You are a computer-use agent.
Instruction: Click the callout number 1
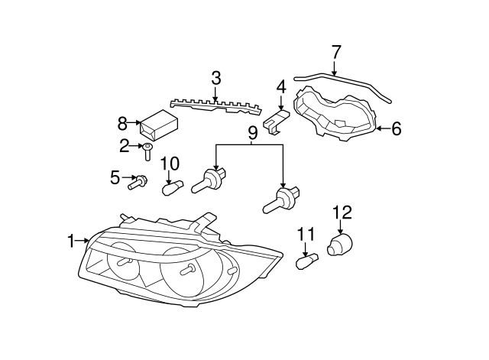[x=71, y=242]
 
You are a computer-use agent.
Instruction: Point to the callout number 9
[x=251, y=132]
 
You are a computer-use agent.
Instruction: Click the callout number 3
[x=216, y=78]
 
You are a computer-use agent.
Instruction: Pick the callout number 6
[x=396, y=129]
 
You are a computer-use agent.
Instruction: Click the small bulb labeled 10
[x=171, y=184]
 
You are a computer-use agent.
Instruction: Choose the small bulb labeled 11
[x=307, y=261]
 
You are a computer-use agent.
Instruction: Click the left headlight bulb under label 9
[x=211, y=180]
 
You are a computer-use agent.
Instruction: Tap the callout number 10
[x=169, y=163]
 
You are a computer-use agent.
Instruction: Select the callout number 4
[x=281, y=87]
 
